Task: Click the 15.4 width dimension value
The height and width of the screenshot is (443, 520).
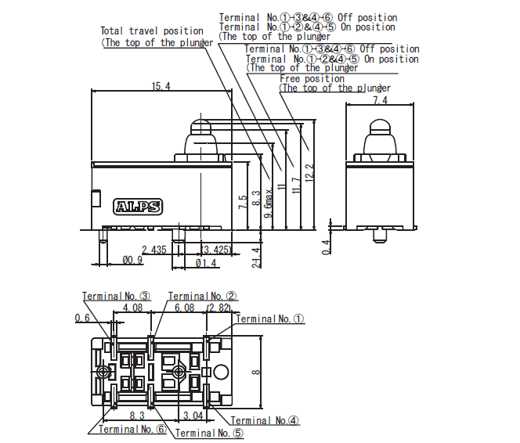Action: pyautogui.click(x=161, y=85)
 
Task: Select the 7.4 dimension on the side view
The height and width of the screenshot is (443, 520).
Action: pyautogui.click(x=380, y=101)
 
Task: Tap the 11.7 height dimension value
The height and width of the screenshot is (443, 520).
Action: pyautogui.click(x=294, y=186)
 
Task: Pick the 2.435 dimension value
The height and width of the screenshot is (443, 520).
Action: pyautogui.click(x=153, y=250)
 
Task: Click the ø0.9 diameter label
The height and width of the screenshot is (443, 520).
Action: pyautogui.click(x=132, y=260)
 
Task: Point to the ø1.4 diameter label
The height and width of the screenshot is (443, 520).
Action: pyautogui.click(x=206, y=263)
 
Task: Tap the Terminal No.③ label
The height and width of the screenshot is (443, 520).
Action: pyautogui.click(x=117, y=297)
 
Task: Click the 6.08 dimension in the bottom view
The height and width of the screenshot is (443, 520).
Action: pyautogui.click(x=185, y=308)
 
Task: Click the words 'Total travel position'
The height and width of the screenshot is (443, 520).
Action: pyautogui.click(x=151, y=31)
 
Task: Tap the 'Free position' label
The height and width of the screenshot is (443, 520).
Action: pyautogui.click(x=312, y=78)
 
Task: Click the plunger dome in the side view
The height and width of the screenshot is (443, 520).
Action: pyautogui.click(x=380, y=126)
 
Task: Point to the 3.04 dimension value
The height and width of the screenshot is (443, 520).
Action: pyautogui.click(x=192, y=415)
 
